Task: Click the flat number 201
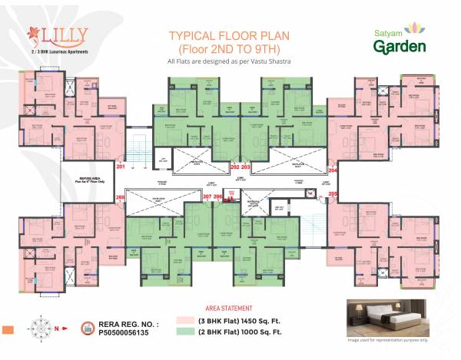tap(120, 166)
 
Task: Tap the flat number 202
tap(234, 167)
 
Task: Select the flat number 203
tap(246, 167)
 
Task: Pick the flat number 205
tap(333, 195)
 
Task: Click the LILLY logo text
tap(61, 34)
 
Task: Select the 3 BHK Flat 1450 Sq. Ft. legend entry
tap(245, 319)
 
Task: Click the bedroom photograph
tap(396, 315)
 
